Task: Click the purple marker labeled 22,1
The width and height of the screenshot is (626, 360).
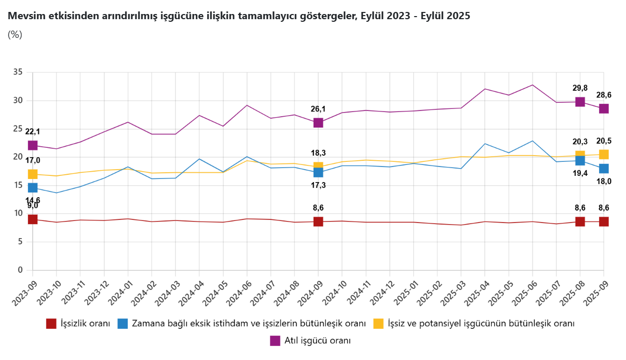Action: tap(33, 145)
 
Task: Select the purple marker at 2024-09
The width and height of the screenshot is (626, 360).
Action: tap(318, 122)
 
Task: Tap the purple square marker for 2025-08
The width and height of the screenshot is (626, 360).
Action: tap(580, 102)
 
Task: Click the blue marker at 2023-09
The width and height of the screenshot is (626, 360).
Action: tap(33, 188)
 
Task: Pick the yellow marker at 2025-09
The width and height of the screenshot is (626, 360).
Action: tap(604, 154)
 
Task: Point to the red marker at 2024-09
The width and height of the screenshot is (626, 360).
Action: tap(318, 221)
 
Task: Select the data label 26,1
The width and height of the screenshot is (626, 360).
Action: tap(318, 109)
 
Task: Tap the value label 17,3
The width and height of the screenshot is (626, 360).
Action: tap(318, 185)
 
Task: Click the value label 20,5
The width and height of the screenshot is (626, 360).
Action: tap(604, 141)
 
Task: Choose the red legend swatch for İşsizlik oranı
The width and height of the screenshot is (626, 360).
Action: tap(51, 324)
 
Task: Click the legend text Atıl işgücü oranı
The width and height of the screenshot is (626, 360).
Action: tap(317, 341)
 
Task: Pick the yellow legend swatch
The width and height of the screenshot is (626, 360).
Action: tap(378, 324)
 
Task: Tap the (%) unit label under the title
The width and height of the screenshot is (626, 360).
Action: tap(15, 35)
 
